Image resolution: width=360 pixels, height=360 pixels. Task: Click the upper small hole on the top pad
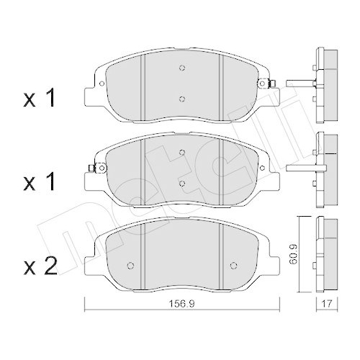coord(182,70)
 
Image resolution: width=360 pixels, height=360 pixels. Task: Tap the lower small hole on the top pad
coord(182,99)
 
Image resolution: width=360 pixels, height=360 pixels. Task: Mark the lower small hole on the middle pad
coord(182,184)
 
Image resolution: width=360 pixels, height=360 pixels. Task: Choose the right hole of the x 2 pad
coord(233,262)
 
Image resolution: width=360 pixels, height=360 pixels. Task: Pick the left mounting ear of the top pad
coord(91,94)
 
